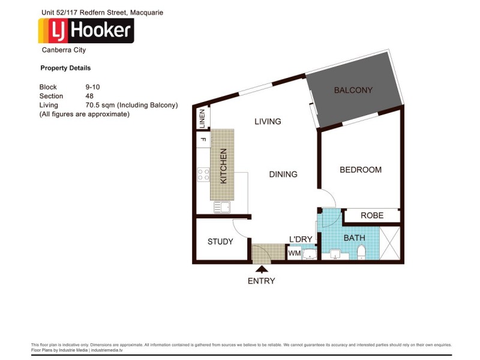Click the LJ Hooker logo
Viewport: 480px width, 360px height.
tap(86, 31)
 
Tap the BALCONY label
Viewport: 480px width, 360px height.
tap(353, 91)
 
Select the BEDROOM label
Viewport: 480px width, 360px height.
tap(361, 170)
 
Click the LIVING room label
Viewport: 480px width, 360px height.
tap(268, 121)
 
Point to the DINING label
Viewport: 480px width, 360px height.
tap(283, 175)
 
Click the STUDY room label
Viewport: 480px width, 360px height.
tap(220, 242)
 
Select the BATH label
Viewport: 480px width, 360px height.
tap(354, 238)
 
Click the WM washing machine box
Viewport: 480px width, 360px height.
tap(294, 254)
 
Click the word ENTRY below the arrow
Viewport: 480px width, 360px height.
tap(261, 281)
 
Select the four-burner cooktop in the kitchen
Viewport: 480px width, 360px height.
tap(203, 175)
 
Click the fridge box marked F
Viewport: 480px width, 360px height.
tap(203, 140)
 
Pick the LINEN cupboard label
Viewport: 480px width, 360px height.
tap(203, 118)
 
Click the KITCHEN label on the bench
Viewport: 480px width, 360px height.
tap(223, 166)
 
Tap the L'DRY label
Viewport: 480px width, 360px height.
tap(301, 239)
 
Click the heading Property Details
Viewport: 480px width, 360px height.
tap(65, 68)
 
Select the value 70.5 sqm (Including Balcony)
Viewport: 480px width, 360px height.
tap(132, 105)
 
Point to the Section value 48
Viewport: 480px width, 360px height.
tap(90, 96)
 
